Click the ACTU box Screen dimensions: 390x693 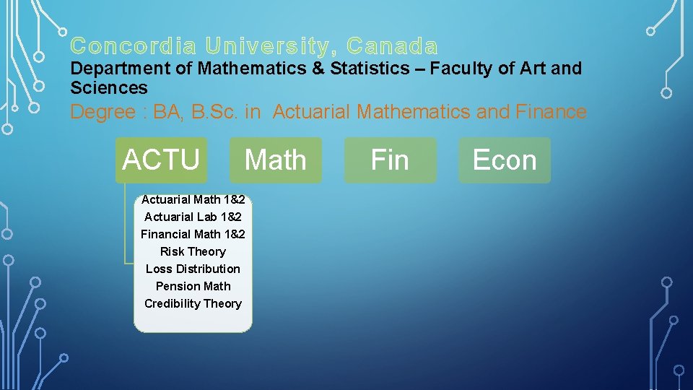[161, 160]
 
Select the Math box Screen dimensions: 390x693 [275, 160]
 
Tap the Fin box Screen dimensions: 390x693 [390, 160]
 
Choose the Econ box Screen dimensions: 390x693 [505, 160]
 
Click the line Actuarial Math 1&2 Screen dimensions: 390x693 [193, 199]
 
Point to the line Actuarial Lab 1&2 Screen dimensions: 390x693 [193, 217]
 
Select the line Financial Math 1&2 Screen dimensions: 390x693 [193, 234]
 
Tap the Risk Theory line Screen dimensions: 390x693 [193, 251]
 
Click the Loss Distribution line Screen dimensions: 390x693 [193, 269]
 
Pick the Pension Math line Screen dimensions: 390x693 [193, 286]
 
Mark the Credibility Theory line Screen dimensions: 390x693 [193, 303]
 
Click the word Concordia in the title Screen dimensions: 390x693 [133, 47]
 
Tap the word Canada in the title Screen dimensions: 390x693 [392, 47]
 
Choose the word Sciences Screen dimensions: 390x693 [108, 88]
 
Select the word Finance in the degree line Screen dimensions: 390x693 [552, 112]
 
